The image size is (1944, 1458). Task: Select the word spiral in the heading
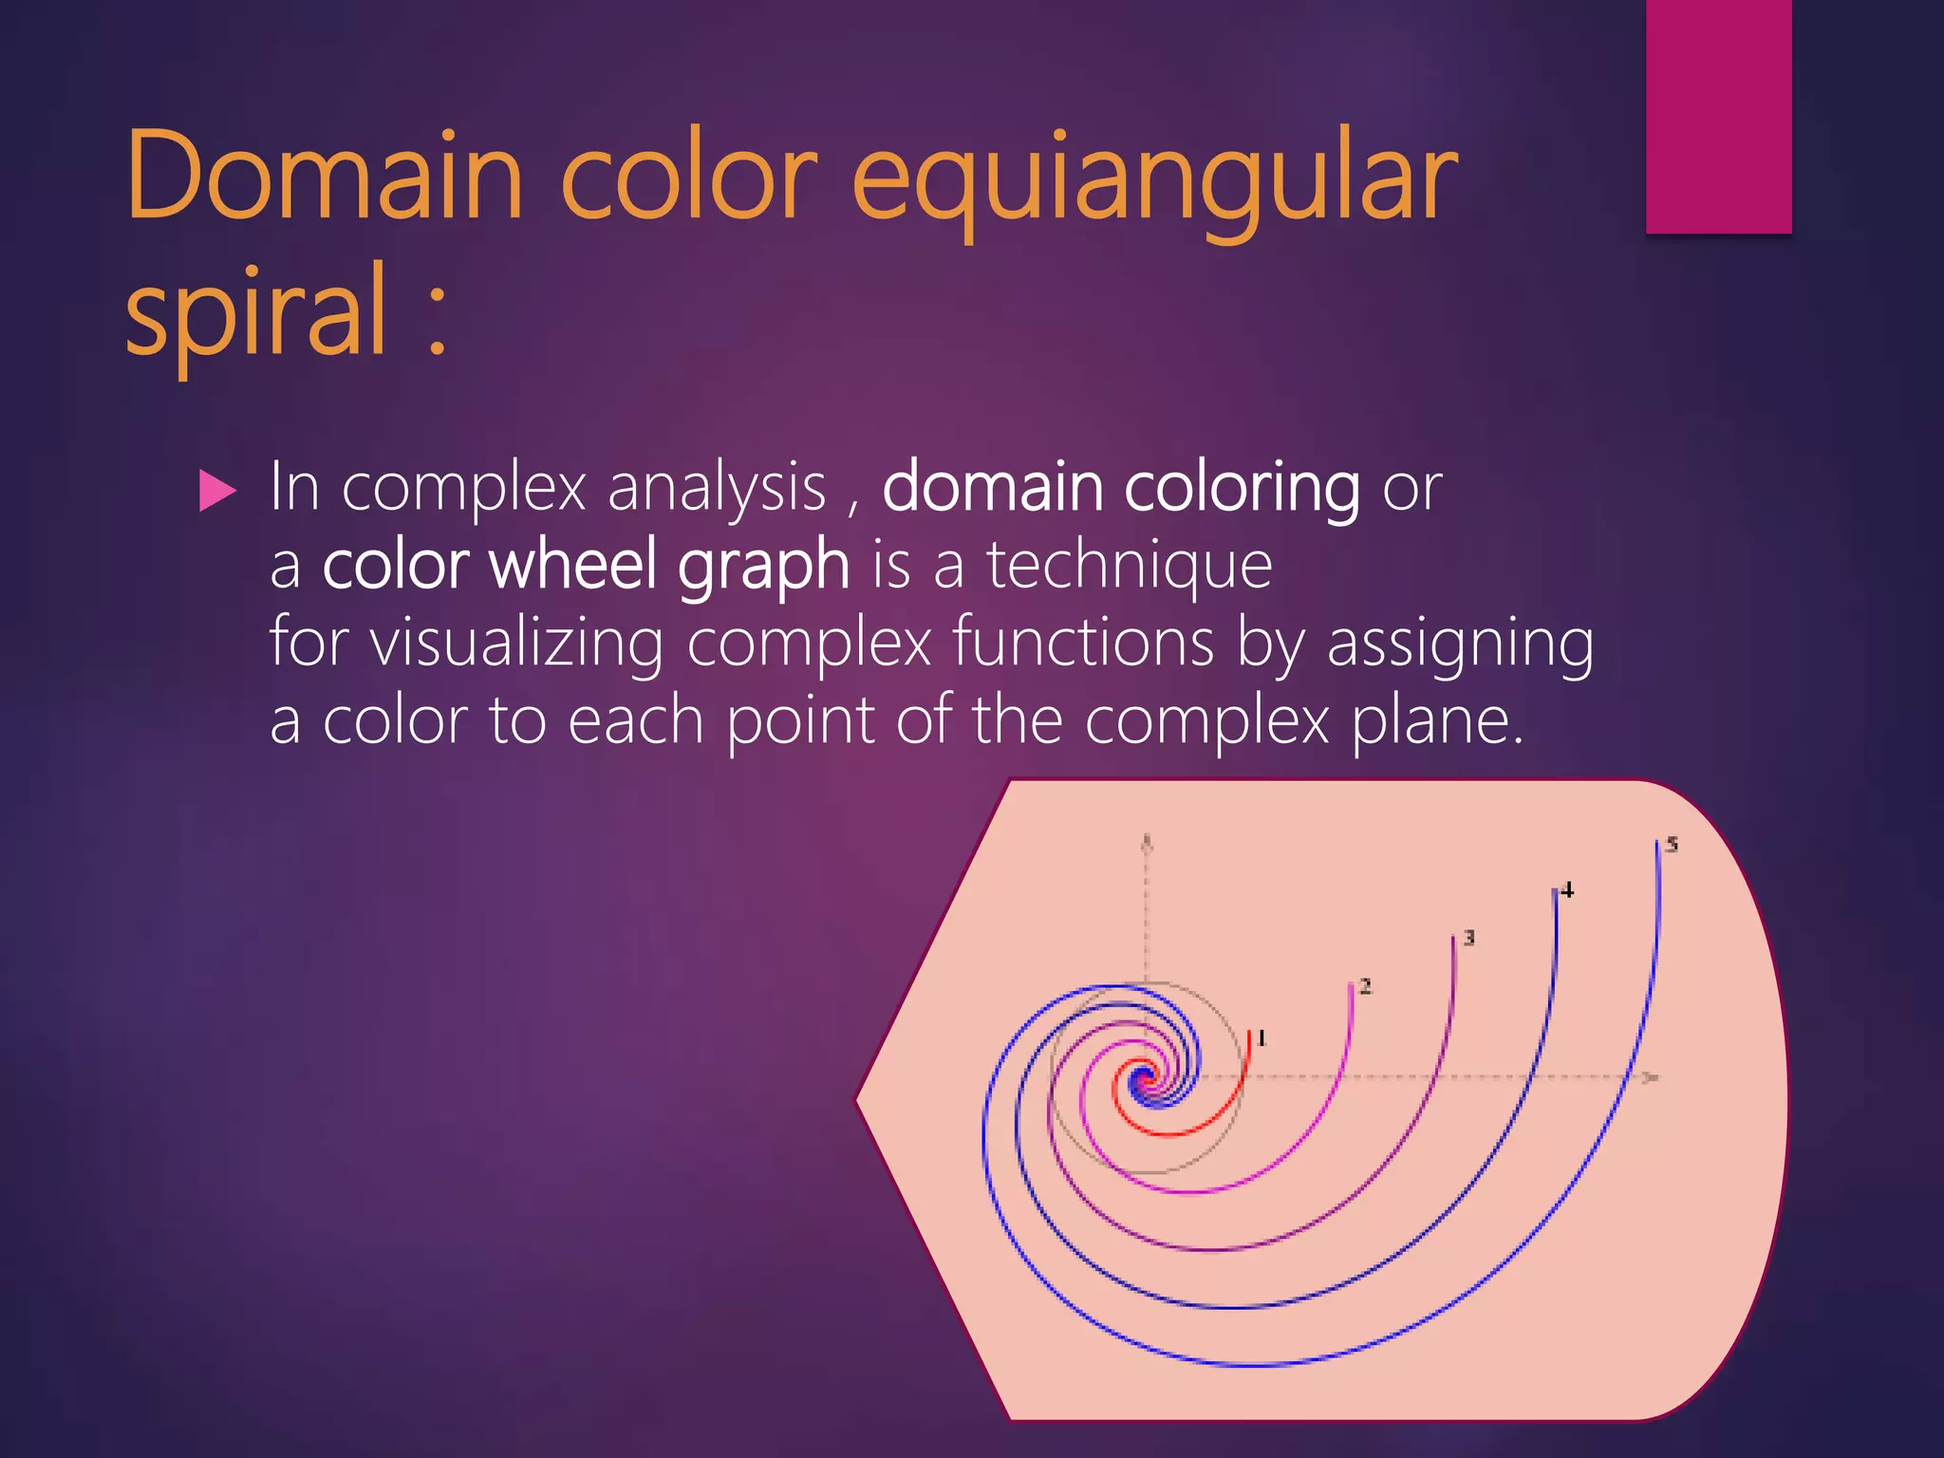256,313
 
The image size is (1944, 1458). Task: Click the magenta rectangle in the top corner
1718,116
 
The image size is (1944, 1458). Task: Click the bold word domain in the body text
992,487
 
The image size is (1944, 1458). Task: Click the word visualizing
516,644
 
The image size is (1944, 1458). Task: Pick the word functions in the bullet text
1082,643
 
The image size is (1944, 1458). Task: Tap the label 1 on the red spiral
1262,1038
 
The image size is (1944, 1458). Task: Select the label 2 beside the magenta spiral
1365,987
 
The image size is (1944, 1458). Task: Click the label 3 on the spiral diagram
1468,938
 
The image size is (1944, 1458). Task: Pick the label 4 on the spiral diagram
1567,890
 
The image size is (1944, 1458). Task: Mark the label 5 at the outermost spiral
1672,844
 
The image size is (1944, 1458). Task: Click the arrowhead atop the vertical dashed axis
1147,841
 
